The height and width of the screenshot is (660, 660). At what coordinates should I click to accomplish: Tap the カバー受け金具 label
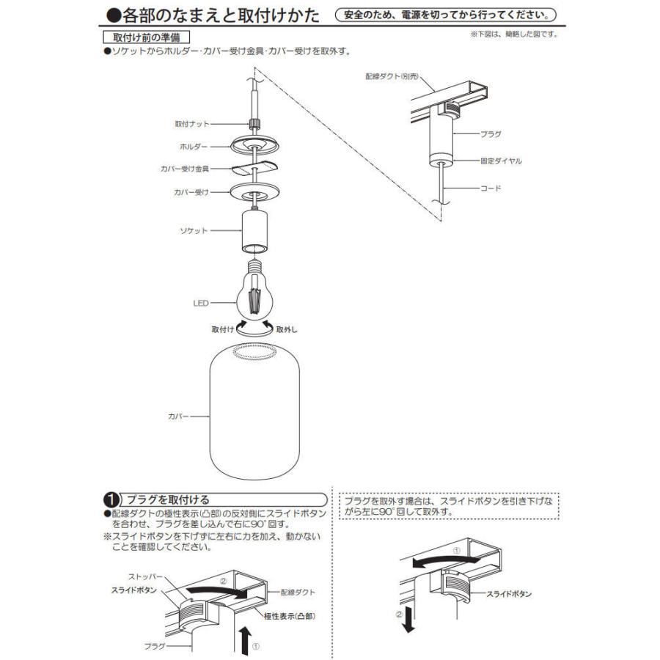pos(185,169)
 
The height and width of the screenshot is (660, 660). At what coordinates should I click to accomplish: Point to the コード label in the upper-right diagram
pos(491,188)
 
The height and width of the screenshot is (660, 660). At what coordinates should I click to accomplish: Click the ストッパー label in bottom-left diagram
pos(147,577)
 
